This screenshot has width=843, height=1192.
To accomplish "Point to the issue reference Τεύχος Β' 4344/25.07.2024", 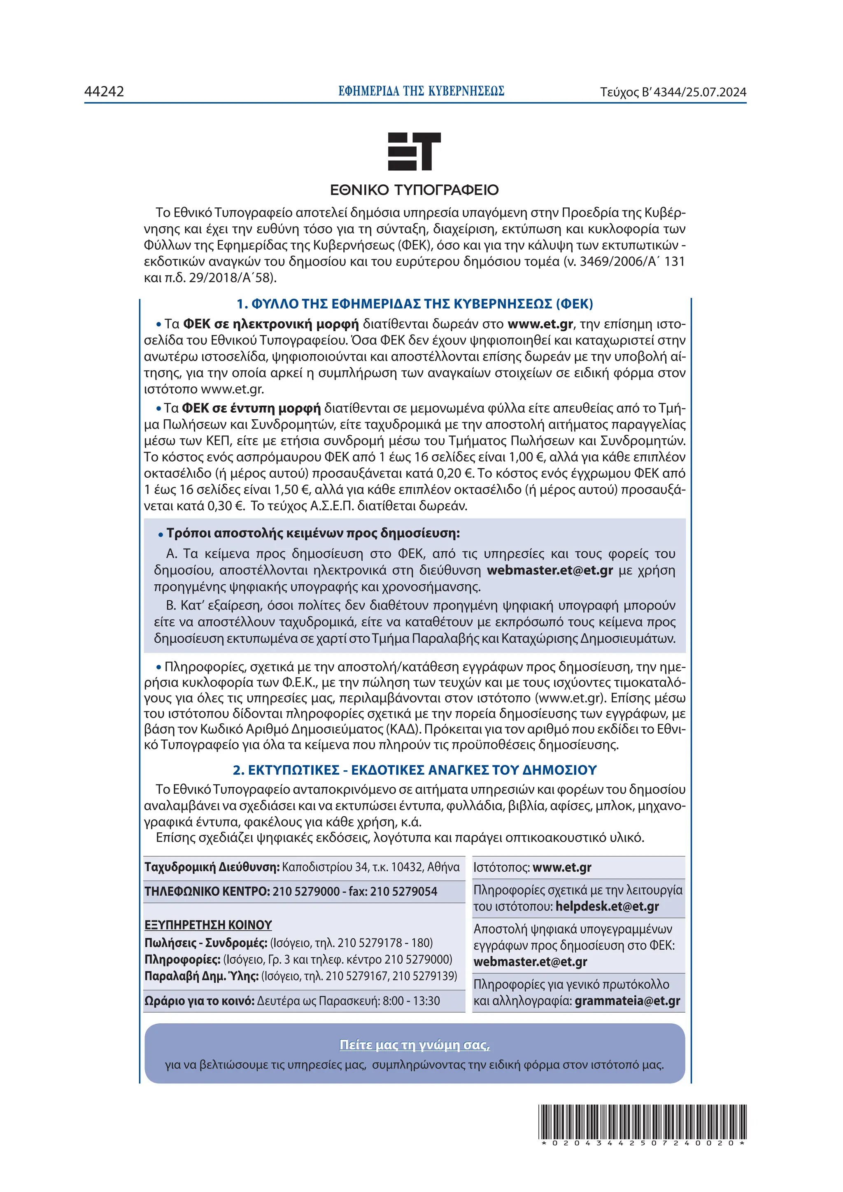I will click(x=673, y=93).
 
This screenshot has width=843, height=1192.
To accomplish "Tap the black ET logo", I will click(x=414, y=151).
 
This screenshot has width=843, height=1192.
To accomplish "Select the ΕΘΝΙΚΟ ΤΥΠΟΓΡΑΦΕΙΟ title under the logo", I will click(x=414, y=190).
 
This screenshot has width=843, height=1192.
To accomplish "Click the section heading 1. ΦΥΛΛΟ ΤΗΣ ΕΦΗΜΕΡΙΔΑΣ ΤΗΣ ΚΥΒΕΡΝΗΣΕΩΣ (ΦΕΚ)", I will click(x=415, y=304).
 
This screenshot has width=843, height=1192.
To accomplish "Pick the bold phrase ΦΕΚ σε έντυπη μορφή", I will click(x=252, y=408).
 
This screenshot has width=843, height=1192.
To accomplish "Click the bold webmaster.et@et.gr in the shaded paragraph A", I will click(x=550, y=570).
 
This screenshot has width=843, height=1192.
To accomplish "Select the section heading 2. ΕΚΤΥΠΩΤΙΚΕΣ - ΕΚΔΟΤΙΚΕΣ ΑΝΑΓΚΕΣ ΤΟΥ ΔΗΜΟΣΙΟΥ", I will click(x=415, y=770).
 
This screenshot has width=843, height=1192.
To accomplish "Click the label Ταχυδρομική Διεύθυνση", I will click(x=212, y=867).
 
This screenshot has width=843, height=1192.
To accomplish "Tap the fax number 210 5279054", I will click(x=403, y=891).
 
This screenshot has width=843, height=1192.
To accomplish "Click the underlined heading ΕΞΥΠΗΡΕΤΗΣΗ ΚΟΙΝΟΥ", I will click(x=208, y=925).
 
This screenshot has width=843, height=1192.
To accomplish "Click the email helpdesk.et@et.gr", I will click(x=607, y=906).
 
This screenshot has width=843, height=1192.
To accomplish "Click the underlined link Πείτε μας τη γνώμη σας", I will click(x=415, y=1045).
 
